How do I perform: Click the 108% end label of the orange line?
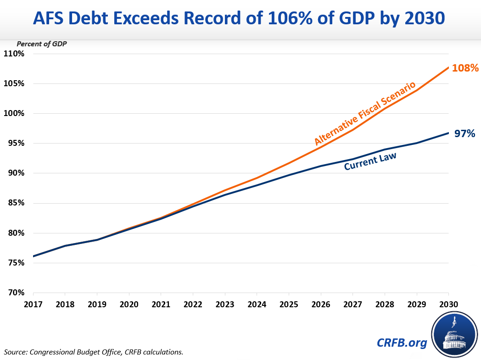(465, 68)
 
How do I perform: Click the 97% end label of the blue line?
(464, 133)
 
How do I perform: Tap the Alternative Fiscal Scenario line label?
(365, 113)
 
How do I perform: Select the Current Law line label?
(370, 161)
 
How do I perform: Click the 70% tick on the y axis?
(16, 293)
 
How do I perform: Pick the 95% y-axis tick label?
(16, 143)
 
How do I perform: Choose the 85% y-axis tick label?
(16, 203)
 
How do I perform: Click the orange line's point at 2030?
(448, 67)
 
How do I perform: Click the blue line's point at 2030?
(448, 133)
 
